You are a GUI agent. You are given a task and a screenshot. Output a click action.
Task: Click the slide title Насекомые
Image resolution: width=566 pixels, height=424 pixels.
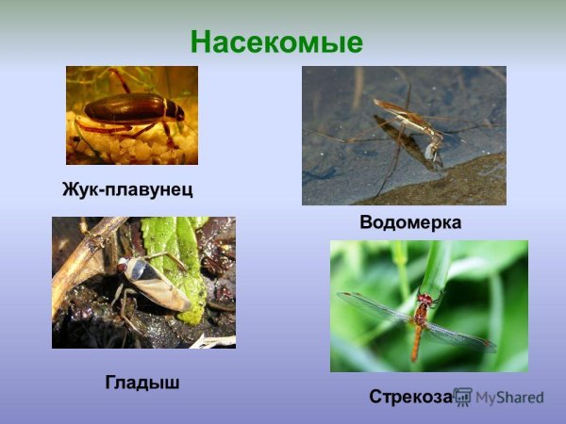pyautogui.click(x=276, y=42)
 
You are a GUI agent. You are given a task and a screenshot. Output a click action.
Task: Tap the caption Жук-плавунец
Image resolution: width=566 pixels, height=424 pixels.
pyautogui.click(x=127, y=189)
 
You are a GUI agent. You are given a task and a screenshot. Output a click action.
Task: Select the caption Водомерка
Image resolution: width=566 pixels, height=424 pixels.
pyautogui.click(x=410, y=222)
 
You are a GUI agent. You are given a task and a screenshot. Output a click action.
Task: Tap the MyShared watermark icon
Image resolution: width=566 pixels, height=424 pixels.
pyautogui.click(x=463, y=397)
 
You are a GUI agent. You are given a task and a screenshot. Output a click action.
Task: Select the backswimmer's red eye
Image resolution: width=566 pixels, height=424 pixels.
pyautogui.click(x=122, y=268)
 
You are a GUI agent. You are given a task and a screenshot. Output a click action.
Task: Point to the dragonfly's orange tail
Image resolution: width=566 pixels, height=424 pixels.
pyautogui.click(x=416, y=343)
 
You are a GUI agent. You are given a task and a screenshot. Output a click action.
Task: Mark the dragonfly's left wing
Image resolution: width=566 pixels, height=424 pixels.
pyautogui.click(x=373, y=306)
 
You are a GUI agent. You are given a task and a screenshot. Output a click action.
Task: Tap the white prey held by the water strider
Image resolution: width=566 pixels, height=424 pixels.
pyautogui.click(x=433, y=148)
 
